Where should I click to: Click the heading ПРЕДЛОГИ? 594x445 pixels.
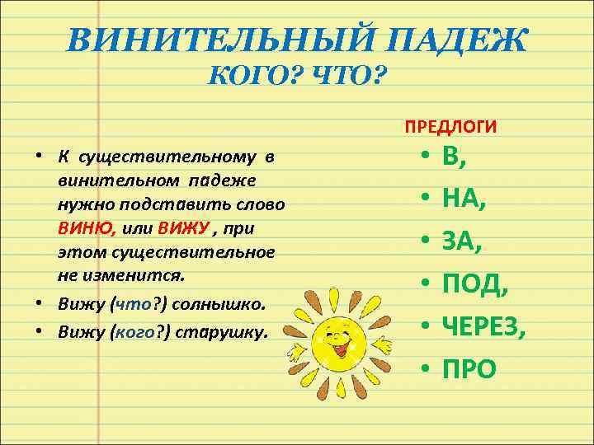tap(450, 127)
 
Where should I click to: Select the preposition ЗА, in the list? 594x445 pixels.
tap(460, 241)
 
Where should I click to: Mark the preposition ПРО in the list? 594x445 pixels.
tap(469, 369)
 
